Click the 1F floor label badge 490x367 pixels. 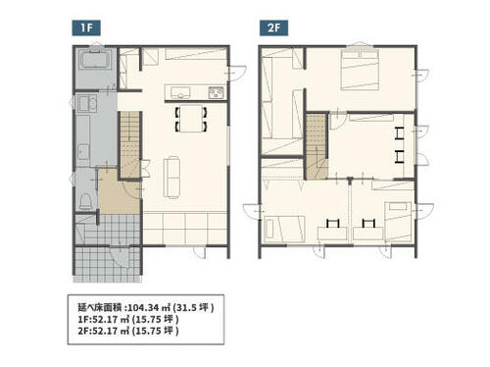[86, 27]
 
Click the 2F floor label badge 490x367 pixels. [273, 27]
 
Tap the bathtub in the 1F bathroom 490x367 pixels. [96, 59]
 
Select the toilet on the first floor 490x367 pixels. [86, 201]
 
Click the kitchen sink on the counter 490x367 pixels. [180, 92]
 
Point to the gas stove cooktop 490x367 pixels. [217, 92]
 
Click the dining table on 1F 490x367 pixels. [191, 118]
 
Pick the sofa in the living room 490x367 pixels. [171, 177]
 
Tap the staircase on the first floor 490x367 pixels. [129, 145]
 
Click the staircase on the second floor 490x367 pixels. [317, 146]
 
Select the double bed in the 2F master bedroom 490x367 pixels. [360, 70]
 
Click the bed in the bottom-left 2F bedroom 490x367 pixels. [284, 229]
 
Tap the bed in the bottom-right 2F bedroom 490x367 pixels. [398, 222]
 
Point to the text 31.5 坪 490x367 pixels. [193, 307]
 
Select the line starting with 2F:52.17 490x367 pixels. [128, 331]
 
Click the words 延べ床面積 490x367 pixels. [100, 307]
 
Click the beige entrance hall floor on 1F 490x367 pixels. [119, 193]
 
